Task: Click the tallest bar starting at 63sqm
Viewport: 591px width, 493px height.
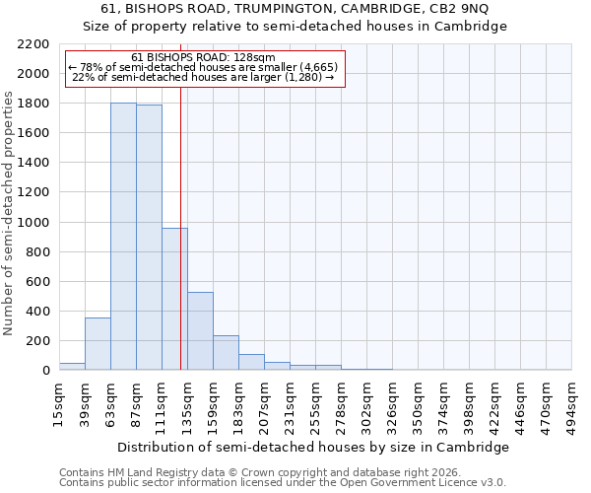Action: tap(123, 237)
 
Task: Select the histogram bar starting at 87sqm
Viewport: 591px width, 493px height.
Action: tap(149, 238)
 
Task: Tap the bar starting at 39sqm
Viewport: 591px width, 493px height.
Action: tap(98, 344)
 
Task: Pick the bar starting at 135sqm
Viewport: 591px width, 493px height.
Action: tap(200, 331)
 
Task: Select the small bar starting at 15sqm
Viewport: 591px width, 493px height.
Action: tap(72, 366)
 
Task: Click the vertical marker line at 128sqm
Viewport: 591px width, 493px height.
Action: tap(180, 227)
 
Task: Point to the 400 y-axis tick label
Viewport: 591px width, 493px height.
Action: tap(36, 312)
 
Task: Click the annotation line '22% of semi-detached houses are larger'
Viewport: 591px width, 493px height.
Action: tap(204, 77)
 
